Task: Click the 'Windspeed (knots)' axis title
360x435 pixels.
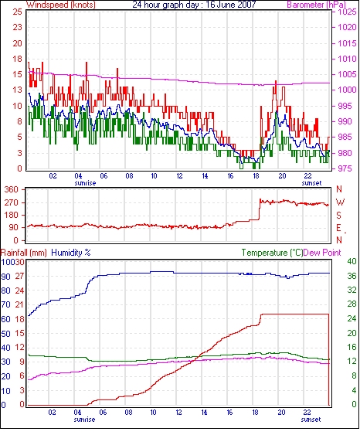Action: (x=61, y=5)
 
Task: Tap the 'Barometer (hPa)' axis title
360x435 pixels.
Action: (x=317, y=5)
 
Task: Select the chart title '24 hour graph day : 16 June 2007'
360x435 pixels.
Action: (x=194, y=5)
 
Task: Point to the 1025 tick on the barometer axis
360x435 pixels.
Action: (x=347, y=12)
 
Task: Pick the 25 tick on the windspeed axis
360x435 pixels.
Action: (x=17, y=12)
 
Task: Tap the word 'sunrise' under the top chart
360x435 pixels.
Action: (x=85, y=183)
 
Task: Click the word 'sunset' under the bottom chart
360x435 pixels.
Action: (x=311, y=420)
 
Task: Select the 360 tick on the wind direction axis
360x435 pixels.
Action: (x=11, y=189)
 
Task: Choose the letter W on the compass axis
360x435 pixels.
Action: (x=340, y=202)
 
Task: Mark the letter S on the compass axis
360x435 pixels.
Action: (x=338, y=215)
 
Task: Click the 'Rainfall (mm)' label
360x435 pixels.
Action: (x=24, y=253)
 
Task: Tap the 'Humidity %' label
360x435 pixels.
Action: (x=71, y=253)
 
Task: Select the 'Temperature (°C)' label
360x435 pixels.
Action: (x=272, y=253)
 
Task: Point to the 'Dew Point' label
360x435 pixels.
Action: (x=322, y=253)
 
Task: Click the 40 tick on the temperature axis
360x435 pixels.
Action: (x=352, y=261)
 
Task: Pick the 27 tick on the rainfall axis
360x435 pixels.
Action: (x=19, y=276)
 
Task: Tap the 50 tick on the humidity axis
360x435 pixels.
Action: (x=6, y=333)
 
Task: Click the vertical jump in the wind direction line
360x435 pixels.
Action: (x=260, y=209)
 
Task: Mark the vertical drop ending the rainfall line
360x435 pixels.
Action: (x=329, y=359)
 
